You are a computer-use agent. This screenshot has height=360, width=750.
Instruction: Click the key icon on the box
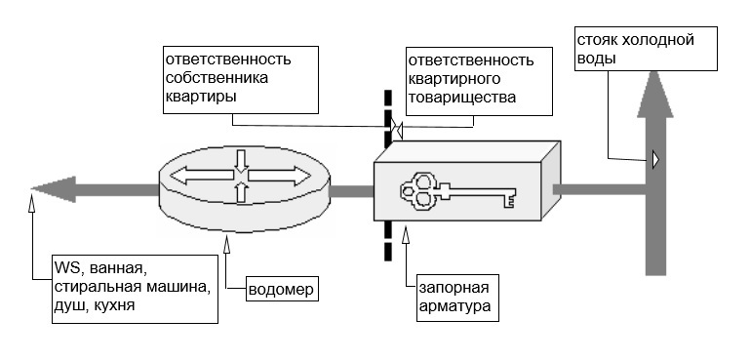click(x=458, y=190)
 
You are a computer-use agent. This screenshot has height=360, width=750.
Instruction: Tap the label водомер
click(x=282, y=290)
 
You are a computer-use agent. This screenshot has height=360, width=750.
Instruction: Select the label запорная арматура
click(x=454, y=297)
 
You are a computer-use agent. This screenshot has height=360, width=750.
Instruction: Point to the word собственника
click(x=217, y=78)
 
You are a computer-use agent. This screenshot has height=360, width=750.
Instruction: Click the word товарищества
click(x=462, y=98)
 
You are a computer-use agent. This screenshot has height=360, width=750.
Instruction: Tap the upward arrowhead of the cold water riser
click(x=654, y=94)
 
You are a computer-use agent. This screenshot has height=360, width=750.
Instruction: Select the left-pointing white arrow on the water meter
click(x=201, y=176)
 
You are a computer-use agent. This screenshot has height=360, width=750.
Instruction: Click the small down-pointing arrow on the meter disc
click(x=241, y=161)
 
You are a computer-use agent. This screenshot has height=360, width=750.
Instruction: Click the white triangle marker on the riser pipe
click(x=654, y=159)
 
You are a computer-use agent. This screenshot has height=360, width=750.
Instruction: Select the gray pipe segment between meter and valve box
click(x=352, y=190)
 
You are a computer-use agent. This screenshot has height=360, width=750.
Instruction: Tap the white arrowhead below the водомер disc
click(x=226, y=244)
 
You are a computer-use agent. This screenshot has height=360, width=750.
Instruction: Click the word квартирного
click(x=454, y=78)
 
